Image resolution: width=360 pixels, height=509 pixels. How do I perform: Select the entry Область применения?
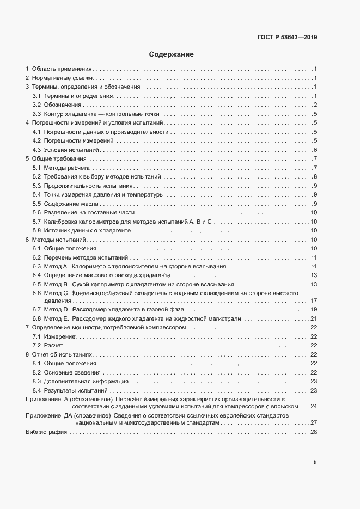click(62, 69)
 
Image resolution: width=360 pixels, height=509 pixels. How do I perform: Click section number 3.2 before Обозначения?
click(37, 105)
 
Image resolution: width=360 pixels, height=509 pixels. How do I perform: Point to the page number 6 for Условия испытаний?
click(315, 150)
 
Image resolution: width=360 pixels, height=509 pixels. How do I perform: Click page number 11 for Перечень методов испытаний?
click(314, 257)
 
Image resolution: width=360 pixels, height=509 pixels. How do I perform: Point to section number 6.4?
click(37, 275)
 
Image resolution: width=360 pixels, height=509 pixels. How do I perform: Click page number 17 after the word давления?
click(314, 301)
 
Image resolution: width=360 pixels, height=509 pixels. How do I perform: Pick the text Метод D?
click(56, 309)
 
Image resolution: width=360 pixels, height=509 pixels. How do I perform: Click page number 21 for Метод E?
click(314, 318)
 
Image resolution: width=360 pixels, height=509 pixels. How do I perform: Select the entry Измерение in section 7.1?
click(60, 336)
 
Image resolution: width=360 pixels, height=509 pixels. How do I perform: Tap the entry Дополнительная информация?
click(80, 381)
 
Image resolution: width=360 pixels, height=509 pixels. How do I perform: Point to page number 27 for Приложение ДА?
click(314, 422)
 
